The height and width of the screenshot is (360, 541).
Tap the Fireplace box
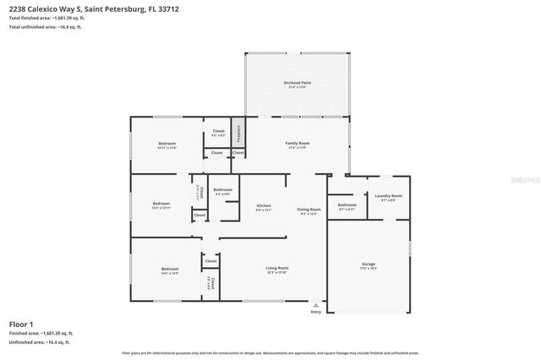pos(238,133)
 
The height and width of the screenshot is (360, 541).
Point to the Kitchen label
pos(264,205)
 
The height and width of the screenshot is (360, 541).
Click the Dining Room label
pos(309,209)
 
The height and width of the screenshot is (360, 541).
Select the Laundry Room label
pos(389,195)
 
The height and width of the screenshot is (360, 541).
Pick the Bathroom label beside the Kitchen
pos(222,189)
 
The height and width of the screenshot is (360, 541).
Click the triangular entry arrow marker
pos(316,304)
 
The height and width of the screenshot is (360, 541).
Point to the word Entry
pos(316,311)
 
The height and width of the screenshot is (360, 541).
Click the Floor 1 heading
pos(20,324)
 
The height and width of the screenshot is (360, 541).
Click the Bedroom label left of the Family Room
pos(167,144)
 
